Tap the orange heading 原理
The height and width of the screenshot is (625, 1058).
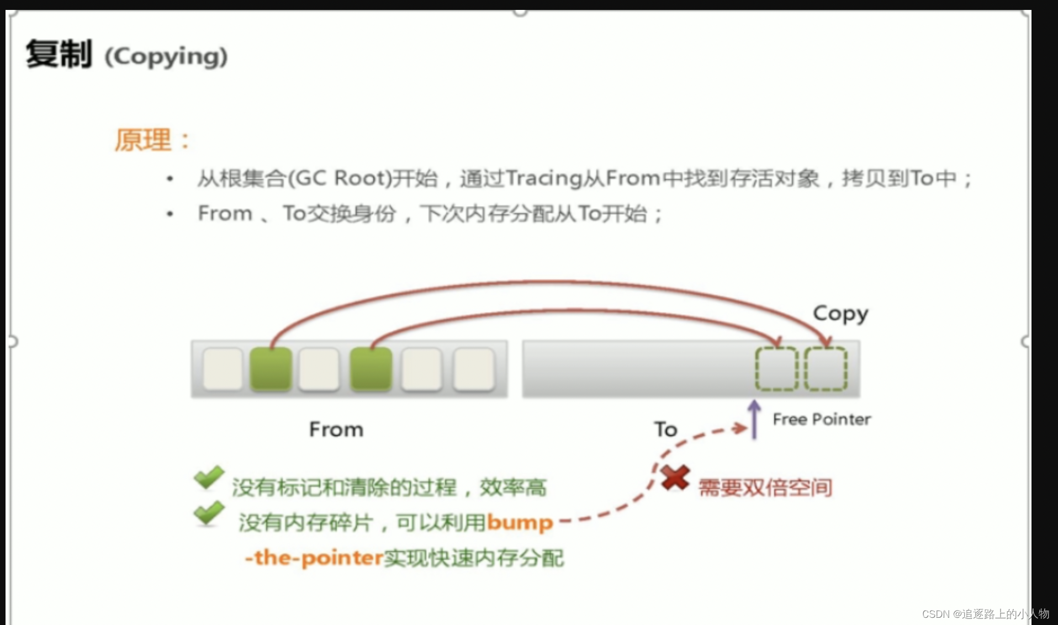[x=143, y=140]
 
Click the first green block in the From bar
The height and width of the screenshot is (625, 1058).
[x=271, y=369]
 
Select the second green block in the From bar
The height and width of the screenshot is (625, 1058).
[x=371, y=369]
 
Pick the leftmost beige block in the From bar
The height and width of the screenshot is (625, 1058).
[x=223, y=369]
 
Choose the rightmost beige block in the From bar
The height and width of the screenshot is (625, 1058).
[x=473, y=369]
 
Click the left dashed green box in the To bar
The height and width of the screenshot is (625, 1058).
[x=776, y=369]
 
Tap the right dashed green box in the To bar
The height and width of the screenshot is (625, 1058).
[x=826, y=369]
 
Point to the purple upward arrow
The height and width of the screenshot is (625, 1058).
[x=754, y=420]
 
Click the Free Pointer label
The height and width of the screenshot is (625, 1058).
[x=822, y=420]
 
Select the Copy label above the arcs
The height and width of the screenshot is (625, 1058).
[x=840, y=314]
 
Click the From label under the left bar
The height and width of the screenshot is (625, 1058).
[x=336, y=430]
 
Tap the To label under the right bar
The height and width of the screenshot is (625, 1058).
[x=665, y=430]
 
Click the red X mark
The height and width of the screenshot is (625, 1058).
[x=675, y=478]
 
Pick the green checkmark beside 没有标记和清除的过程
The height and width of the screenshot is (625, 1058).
[x=209, y=478]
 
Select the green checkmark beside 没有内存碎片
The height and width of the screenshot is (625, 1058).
[x=209, y=513]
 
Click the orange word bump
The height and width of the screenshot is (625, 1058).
[x=520, y=522]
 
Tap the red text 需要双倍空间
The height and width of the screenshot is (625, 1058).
[x=765, y=488]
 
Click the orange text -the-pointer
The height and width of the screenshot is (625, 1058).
[x=314, y=558]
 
